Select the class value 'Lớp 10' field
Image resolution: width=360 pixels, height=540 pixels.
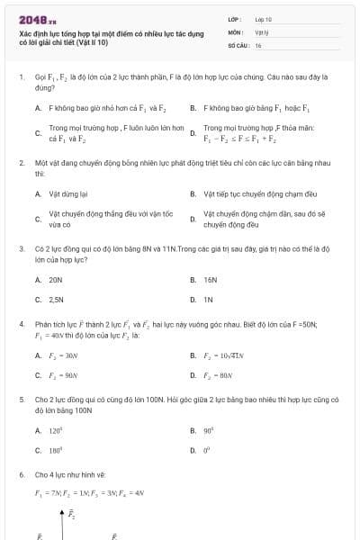click(x=264, y=19)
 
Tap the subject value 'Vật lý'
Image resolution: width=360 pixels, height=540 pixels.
click(x=262, y=31)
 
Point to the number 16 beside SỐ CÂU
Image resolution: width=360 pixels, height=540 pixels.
click(x=258, y=44)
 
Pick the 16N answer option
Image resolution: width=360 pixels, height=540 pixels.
click(x=211, y=280)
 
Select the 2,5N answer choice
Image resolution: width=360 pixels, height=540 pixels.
click(x=57, y=299)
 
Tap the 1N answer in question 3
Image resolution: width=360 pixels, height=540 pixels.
click(x=208, y=299)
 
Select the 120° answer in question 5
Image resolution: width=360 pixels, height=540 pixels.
click(x=56, y=430)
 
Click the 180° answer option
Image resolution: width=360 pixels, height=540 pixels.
click(x=56, y=449)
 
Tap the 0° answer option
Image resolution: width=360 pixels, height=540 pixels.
click(x=206, y=449)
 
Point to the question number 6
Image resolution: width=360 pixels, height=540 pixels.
click(x=22, y=473)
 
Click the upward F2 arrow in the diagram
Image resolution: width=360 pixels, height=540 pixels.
click(x=62, y=516)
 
